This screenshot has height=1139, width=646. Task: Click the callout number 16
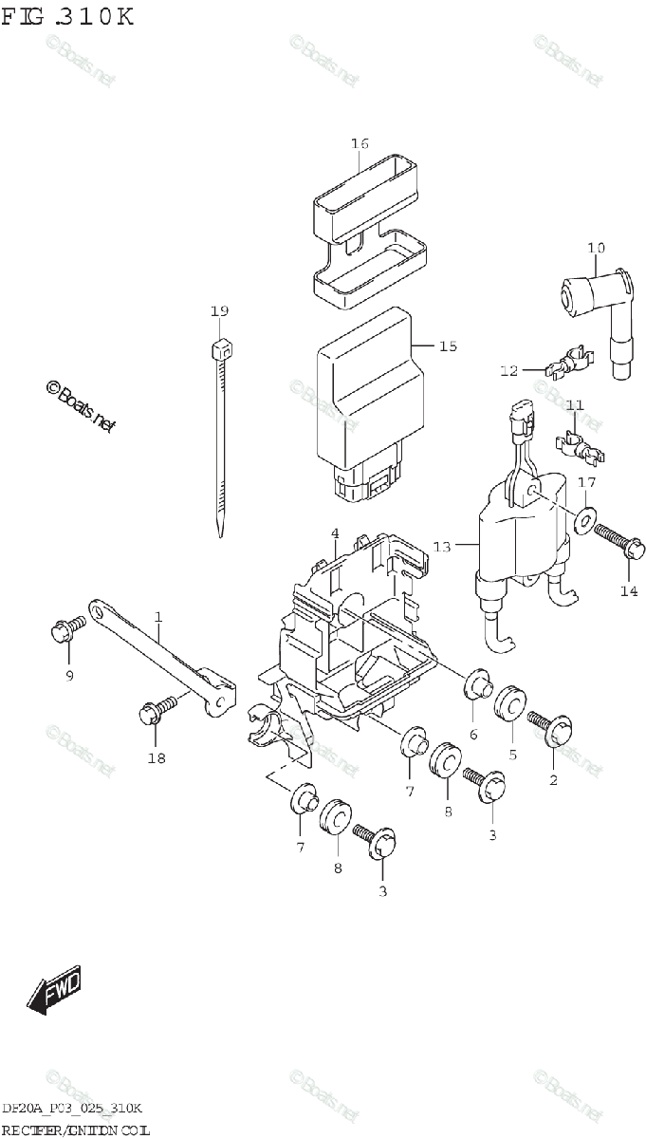click(359, 143)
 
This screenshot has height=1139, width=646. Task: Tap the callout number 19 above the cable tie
click(219, 311)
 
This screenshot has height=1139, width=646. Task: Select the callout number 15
click(447, 346)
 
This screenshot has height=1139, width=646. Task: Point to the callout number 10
click(595, 249)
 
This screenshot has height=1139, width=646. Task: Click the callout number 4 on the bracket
click(335, 533)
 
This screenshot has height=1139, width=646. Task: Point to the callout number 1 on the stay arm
click(157, 617)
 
